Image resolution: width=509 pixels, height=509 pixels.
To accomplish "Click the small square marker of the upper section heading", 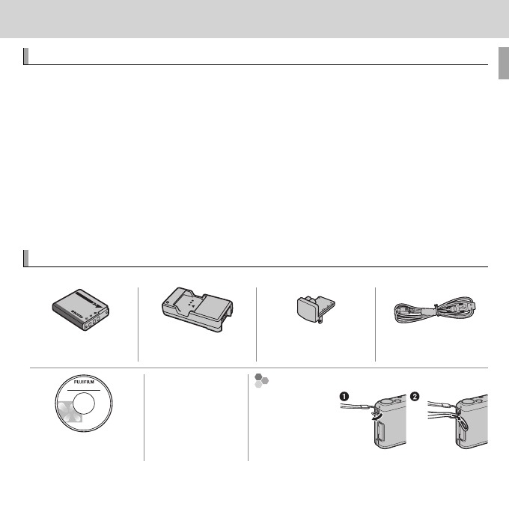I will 27,57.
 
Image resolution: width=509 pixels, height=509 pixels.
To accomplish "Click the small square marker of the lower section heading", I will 27,259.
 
